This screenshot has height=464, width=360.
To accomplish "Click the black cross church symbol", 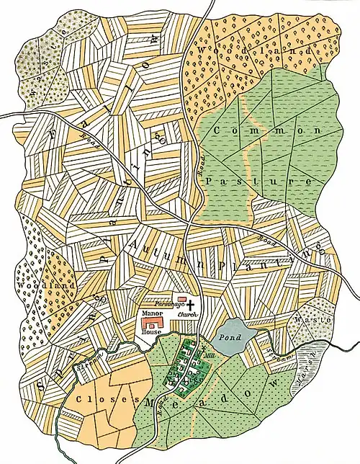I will coord(192,306).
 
